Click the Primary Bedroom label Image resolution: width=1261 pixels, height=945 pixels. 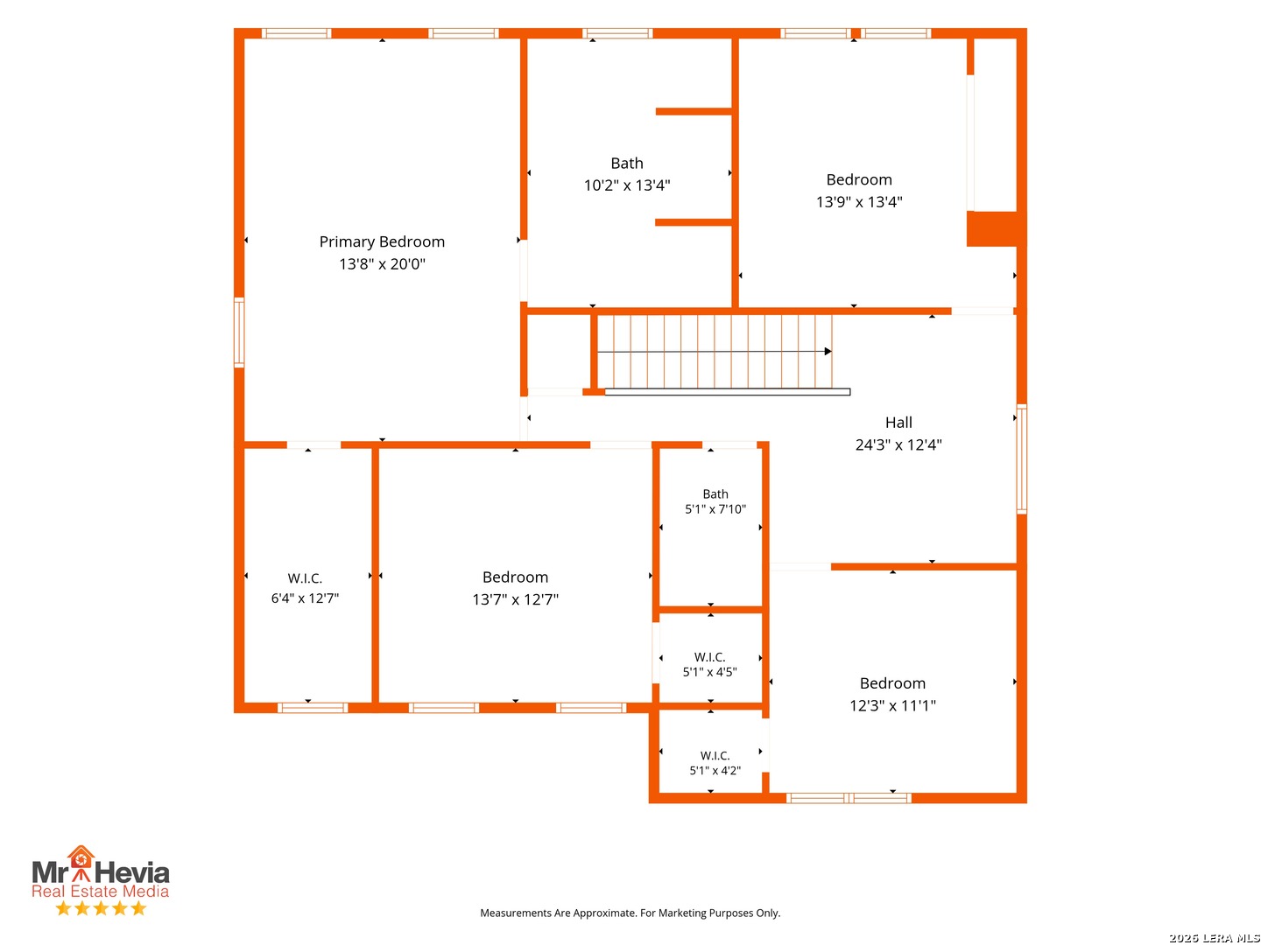[382, 241]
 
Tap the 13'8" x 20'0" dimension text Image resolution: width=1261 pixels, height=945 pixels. [382, 264]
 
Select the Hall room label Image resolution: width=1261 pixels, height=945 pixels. [898, 423]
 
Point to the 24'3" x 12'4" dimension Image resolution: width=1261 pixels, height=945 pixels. [898, 444]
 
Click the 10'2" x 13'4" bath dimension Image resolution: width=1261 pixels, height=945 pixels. [627, 185]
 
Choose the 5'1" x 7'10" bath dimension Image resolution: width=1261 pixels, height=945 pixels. [715, 509]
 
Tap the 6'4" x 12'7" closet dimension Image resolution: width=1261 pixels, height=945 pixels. [305, 598]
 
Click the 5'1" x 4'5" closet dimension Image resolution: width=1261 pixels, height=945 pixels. [709, 672]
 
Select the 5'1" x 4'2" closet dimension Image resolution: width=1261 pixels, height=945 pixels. [715, 771]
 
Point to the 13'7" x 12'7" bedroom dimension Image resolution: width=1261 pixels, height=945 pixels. [515, 599]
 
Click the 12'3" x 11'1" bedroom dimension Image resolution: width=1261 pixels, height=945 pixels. [892, 706]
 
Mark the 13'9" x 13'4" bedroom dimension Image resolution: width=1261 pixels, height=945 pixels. [859, 202]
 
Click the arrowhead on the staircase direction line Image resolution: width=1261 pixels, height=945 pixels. [828, 351]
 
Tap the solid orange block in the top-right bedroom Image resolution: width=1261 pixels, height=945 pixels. [991, 229]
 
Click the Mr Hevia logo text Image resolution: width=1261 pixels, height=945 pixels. [101, 871]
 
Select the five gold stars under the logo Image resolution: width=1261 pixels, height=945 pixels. [101, 908]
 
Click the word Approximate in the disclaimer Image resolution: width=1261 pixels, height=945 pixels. [604, 913]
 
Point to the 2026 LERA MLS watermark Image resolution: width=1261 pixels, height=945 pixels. [1214, 937]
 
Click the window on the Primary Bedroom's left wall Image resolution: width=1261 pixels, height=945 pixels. [239, 332]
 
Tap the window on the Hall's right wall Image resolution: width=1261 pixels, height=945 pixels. [1021, 459]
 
